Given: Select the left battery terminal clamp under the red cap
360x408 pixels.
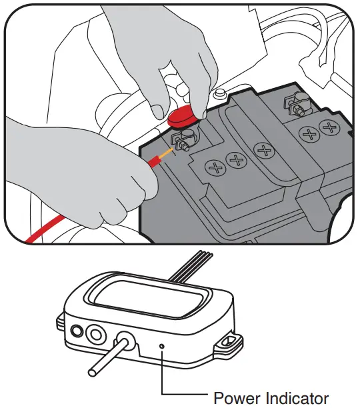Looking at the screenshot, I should (x=181, y=141).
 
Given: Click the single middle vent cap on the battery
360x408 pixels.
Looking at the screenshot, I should (x=265, y=150).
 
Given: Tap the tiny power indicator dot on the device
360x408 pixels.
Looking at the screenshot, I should (x=163, y=346).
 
